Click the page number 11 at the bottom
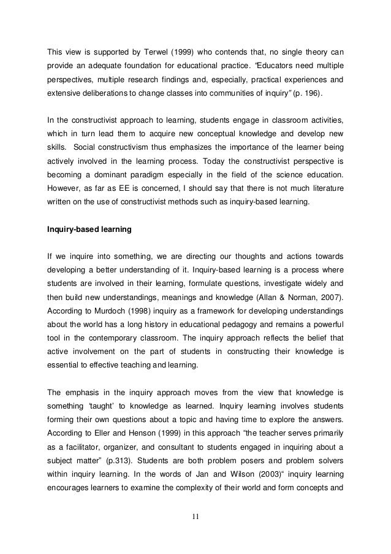tap(195, 523)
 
